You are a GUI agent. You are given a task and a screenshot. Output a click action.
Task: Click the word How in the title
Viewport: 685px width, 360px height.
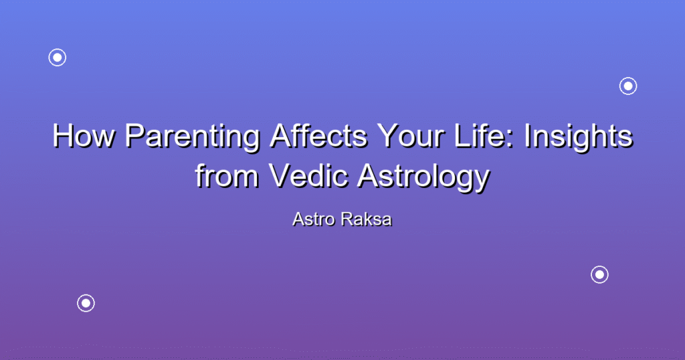[x=84, y=136]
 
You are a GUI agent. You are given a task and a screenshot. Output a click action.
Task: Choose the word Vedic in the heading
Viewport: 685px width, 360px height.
[x=309, y=175]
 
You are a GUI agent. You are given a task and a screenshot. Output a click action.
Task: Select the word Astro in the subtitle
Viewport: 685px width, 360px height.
[x=314, y=219]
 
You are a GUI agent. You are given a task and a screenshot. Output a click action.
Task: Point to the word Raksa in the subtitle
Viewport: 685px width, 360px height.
[x=367, y=219]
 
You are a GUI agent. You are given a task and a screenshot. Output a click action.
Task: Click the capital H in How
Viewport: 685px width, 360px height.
[x=62, y=136]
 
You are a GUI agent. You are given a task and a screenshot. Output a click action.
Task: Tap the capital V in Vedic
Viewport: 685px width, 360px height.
[x=282, y=175]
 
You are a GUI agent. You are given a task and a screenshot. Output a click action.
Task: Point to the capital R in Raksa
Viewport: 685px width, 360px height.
[x=348, y=219]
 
